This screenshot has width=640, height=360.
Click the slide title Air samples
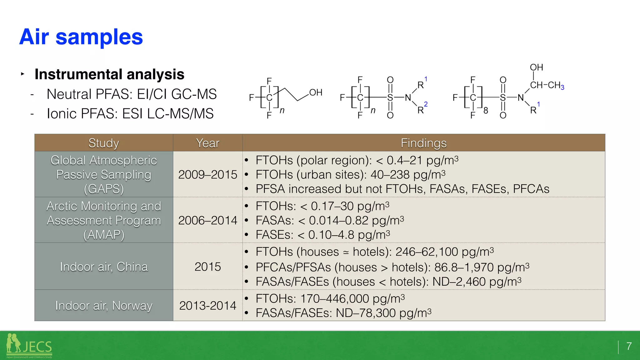tap(81, 37)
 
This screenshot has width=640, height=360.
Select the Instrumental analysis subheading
tap(109, 74)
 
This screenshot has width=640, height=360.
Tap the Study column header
tap(104, 143)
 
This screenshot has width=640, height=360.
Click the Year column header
tap(207, 143)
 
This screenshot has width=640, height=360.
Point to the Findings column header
tap(423, 143)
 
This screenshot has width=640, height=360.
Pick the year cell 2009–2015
tap(207, 174)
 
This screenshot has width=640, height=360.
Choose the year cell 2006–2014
tap(207, 220)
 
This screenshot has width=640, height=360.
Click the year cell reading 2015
tap(207, 267)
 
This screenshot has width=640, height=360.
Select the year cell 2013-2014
tap(207, 305)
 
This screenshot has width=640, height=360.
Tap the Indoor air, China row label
tap(104, 267)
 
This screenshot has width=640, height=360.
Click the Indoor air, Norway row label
tap(104, 305)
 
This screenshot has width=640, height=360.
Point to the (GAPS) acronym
tap(104, 189)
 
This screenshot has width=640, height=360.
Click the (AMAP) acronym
tap(104, 235)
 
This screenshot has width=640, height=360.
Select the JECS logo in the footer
tap(29, 346)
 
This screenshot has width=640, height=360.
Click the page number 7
tap(629, 346)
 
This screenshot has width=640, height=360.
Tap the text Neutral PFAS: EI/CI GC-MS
tap(132, 94)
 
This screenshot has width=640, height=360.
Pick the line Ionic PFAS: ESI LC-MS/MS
tap(130, 113)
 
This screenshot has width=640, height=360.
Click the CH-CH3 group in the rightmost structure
tap(547, 85)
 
